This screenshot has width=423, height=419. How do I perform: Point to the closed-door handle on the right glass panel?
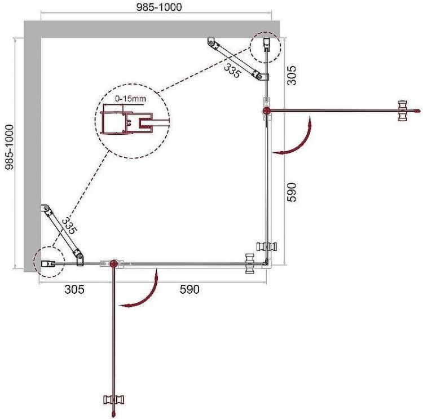265,246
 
